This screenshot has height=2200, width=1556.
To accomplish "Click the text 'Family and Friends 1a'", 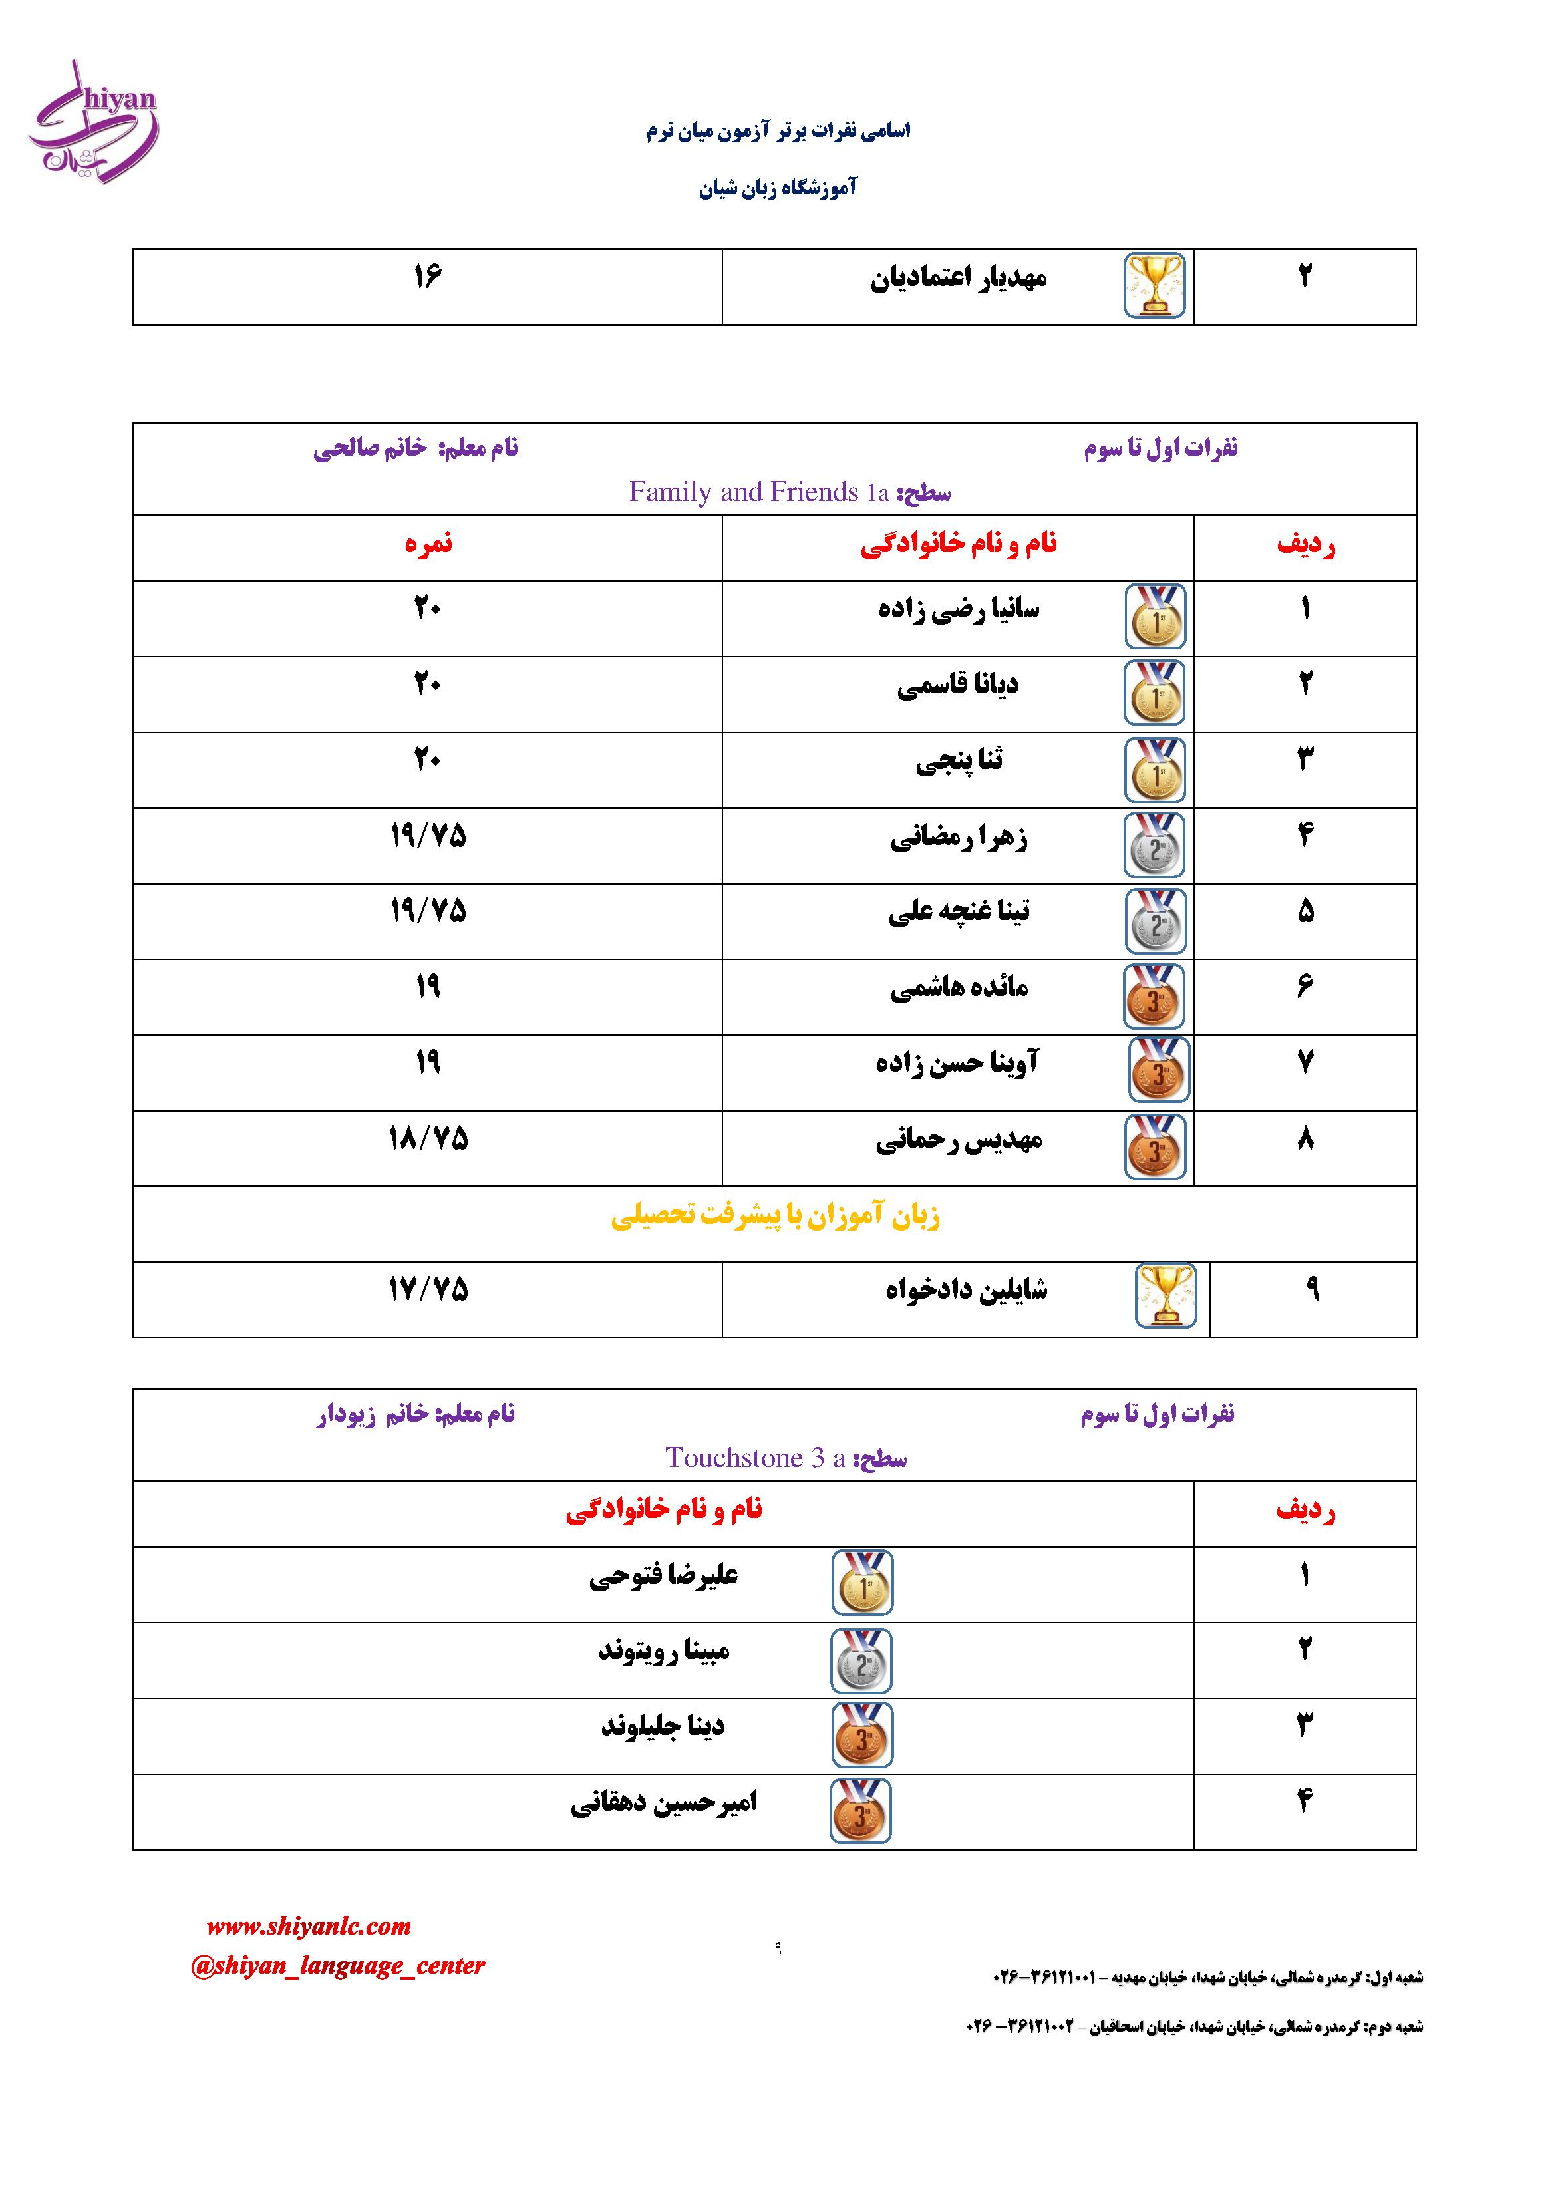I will pos(759,492).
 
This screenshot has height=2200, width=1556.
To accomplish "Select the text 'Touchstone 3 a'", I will pos(755,1458).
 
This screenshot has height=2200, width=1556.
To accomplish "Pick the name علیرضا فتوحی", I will pos(663,1575).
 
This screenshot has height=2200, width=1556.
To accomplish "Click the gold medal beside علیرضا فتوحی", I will pos(861,1582).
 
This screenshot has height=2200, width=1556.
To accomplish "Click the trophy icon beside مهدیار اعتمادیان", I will pos(1155,285).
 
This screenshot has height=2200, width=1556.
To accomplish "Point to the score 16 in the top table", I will pos(427,277).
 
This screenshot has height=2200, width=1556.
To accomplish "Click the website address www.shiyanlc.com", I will pos(309,1926).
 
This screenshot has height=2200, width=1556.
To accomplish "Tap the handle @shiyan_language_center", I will pos(338,1965).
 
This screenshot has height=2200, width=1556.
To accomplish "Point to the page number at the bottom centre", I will pos(777,1948).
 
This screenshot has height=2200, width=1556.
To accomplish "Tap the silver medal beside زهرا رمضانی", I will pos(1155,845).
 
